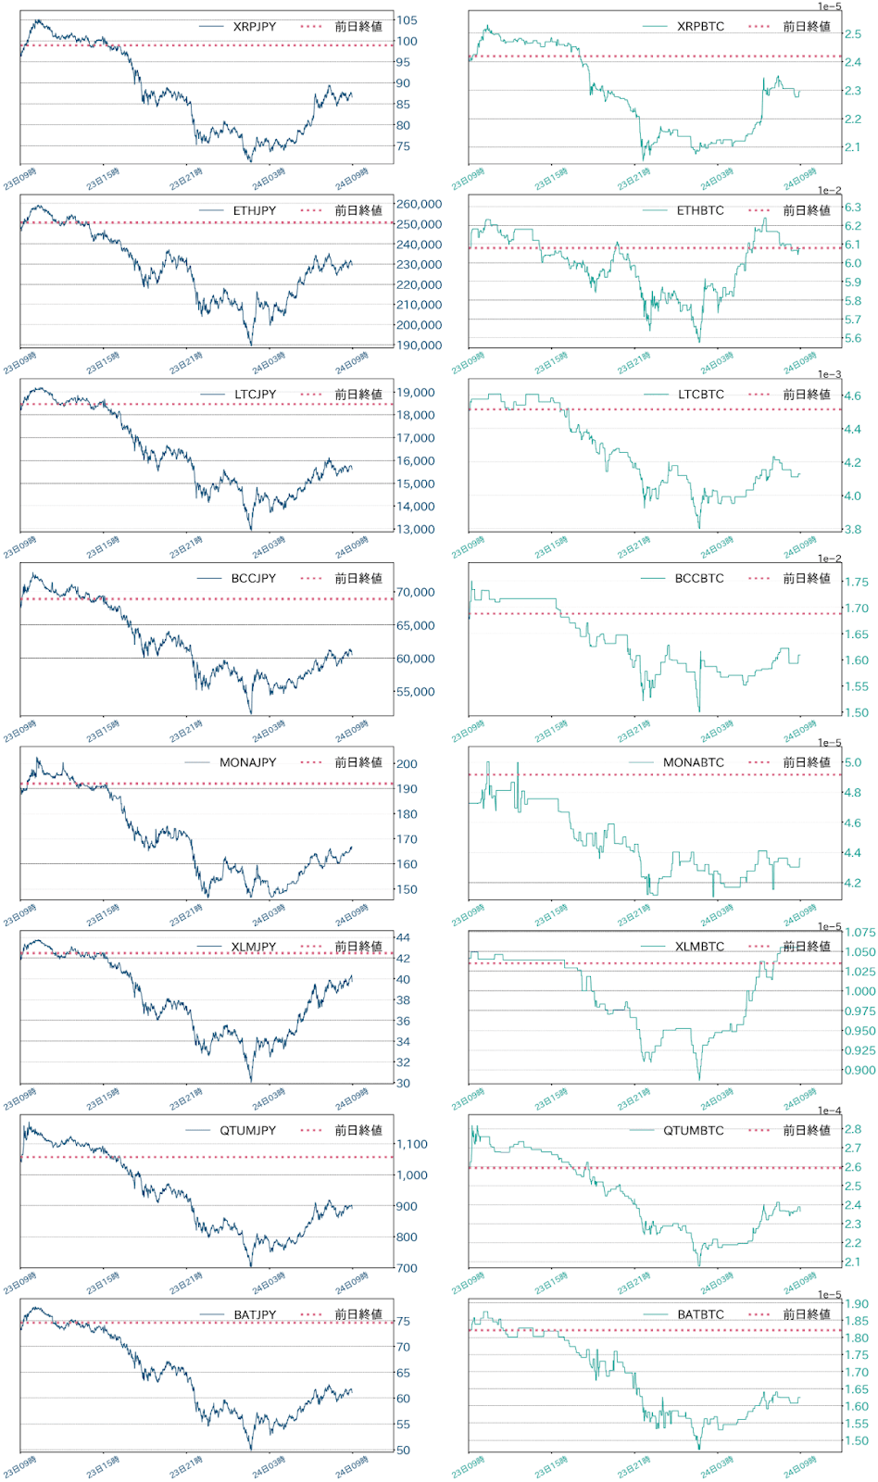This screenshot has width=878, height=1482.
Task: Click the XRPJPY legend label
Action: pyautogui.click(x=254, y=27)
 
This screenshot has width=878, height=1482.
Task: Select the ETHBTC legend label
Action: pyautogui.click(x=700, y=211)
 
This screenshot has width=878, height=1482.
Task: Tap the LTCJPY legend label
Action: pyautogui.click(x=255, y=395)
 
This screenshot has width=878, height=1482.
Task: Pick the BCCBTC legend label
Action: pyautogui.click(x=699, y=579)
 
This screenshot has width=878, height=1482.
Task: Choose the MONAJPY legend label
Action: pyautogui.click(x=247, y=763)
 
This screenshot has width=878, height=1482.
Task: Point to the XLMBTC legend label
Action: pyautogui.click(x=699, y=947)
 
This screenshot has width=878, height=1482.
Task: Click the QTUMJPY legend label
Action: pyautogui.click(x=247, y=1131)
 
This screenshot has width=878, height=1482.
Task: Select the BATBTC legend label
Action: pyautogui.click(x=700, y=1315)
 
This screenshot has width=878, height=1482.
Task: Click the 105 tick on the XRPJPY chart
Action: pyautogui.click(x=407, y=20)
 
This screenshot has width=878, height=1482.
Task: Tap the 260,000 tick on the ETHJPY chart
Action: pyautogui.click(x=419, y=205)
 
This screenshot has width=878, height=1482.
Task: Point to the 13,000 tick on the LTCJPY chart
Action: pyautogui.click(x=416, y=530)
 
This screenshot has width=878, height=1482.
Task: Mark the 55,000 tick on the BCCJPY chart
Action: pyautogui.click(x=416, y=692)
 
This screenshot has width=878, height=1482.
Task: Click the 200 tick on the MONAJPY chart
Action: pyautogui.click(x=407, y=764)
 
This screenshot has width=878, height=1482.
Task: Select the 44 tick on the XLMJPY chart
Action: pyautogui.click(x=403, y=937)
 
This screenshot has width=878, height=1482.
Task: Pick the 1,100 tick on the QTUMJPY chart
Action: pyautogui.click(x=412, y=1145)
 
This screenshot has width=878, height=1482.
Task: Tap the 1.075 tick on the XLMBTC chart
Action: pyautogui.click(x=859, y=933)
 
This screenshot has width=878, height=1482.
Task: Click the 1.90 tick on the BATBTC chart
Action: pyautogui.click(x=856, y=1304)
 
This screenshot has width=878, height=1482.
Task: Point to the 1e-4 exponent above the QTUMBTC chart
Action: pyautogui.click(x=829, y=1111)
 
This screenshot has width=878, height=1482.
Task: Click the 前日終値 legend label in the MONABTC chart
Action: pyautogui.click(x=807, y=763)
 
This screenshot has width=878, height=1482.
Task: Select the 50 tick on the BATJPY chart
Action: pyautogui.click(x=403, y=1451)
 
